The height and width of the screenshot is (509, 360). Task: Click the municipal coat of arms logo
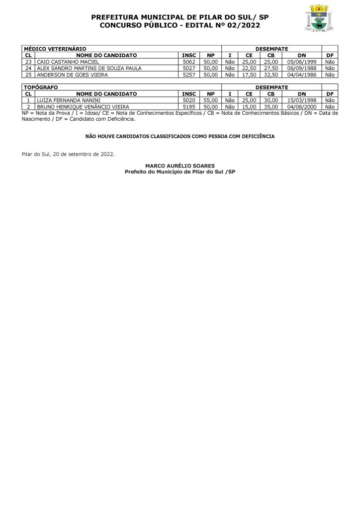318,19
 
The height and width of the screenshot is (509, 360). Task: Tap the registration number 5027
189,68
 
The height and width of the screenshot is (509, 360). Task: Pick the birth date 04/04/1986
302,75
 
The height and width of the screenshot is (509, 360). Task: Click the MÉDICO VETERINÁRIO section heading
55,49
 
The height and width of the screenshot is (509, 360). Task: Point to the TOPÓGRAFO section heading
41,87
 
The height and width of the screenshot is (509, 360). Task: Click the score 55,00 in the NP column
211,100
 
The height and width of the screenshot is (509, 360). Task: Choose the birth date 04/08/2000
302,106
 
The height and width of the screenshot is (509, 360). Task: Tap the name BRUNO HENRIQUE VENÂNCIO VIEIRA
83,106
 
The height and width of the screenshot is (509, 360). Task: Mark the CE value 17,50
249,75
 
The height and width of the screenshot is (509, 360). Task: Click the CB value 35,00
271,106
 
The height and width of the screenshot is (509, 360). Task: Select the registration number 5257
189,75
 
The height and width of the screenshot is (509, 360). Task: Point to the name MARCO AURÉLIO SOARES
180,166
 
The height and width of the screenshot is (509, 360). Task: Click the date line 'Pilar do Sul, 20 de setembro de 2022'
68,154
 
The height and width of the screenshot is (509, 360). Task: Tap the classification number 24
28,68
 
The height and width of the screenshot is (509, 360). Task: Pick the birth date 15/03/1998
302,100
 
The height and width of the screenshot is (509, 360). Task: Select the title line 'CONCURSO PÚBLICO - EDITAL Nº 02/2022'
180,25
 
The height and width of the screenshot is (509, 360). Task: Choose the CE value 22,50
249,68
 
